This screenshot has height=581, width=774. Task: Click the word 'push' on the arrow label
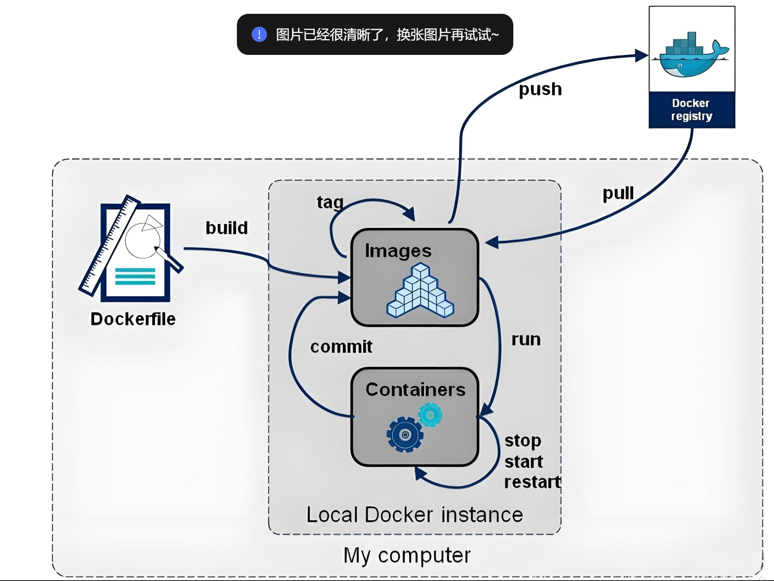click(x=540, y=89)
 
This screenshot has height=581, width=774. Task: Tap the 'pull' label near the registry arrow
click(x=618, y=193)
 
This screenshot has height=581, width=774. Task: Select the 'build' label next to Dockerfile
click(x=227, y=228)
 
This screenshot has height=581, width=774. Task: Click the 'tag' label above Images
click(x=330, y=202)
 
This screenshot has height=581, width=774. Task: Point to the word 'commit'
click(x=341, y=347)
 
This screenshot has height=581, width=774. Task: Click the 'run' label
click(x=526, y=340)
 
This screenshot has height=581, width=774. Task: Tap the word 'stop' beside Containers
click(x=523, y=441)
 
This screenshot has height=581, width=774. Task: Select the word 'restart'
click(x=532, y=482)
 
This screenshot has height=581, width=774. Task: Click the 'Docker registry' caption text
click(x=691, y=109)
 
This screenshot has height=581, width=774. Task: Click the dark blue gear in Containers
click(x=405, y=435)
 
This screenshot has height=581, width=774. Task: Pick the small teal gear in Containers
click(x=430, y=415)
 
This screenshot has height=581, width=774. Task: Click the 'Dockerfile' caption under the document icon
click(x=133, y=319)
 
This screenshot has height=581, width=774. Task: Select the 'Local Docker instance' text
click(x=415, y=515)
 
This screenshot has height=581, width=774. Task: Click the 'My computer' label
click(x=407, y=555)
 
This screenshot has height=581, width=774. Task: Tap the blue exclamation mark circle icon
click(x=259, y=35)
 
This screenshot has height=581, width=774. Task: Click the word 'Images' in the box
click(x=398, y=251)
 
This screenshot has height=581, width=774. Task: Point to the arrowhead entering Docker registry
click(x=641, y=56)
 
